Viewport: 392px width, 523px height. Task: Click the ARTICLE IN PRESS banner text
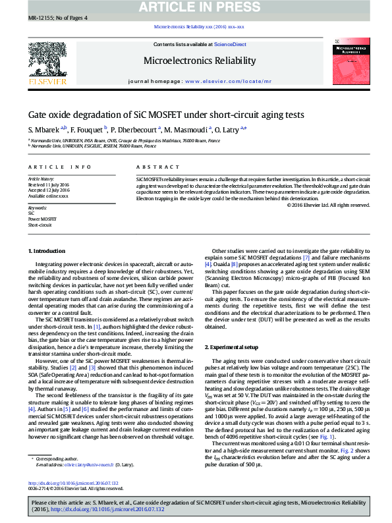(196, 8)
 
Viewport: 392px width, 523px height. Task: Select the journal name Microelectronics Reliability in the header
(200, 61)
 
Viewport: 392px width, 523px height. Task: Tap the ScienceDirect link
(230, 44)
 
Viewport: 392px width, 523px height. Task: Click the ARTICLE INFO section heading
(60, 167)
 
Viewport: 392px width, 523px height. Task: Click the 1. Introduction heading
(46, 252)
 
